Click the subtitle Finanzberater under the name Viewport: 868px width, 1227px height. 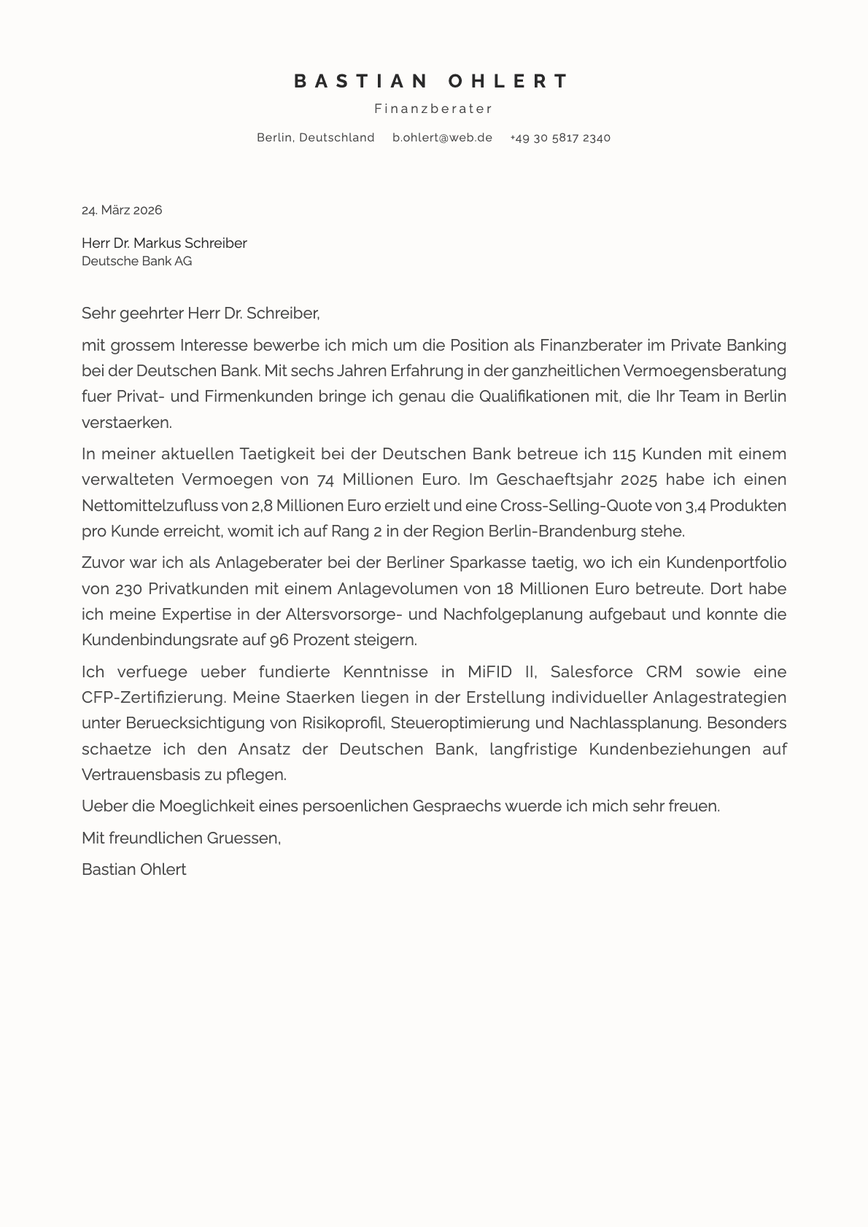point(433,109)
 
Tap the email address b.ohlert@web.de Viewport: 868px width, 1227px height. point(442,138)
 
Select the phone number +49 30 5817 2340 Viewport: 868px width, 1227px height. point(559,138)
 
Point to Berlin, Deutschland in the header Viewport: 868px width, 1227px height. point(315,138)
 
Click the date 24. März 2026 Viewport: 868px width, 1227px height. point(122,210)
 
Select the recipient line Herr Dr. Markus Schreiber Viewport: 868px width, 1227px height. point(164,243)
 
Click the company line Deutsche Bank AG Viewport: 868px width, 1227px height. point(136,261)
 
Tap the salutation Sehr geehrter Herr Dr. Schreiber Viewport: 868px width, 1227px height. point(201,313)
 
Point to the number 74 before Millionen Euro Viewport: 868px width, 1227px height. point(326,480)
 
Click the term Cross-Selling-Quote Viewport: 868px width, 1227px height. point(576,505)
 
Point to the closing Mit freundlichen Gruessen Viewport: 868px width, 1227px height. point(181,838)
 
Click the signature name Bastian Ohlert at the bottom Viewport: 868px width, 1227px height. point(133,869)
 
